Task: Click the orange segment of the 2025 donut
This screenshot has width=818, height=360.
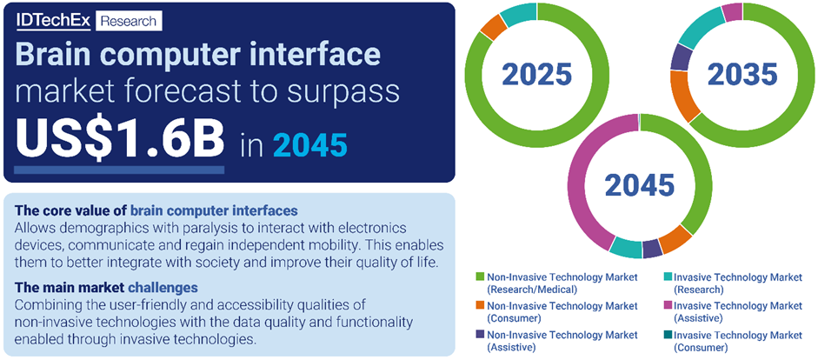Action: point(493,27)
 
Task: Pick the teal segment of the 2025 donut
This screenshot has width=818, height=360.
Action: point(519,14)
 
